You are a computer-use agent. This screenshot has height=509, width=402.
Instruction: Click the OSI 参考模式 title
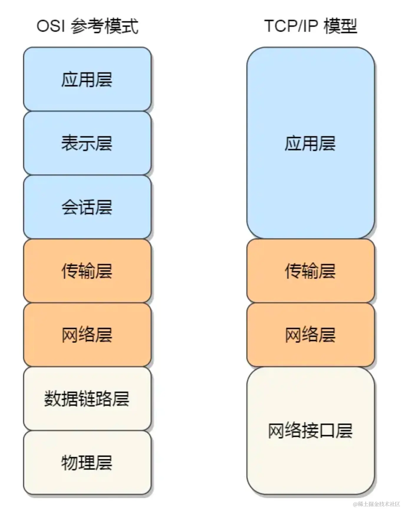click(87, 26)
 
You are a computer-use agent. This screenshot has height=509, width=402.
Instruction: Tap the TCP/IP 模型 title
click(310, 26)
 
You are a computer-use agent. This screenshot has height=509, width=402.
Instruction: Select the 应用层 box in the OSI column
click(87, 79)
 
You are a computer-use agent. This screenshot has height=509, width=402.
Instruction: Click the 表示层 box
click(87, 143)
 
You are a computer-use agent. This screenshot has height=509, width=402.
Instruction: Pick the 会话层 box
click(87, 207)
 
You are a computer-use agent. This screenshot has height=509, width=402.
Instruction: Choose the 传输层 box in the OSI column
click(87, 271)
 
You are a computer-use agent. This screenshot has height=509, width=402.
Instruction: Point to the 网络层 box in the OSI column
click(87, 335)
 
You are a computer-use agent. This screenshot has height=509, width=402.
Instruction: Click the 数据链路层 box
click(87, 399)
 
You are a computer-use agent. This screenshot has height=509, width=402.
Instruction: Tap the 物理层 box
click(87, 462)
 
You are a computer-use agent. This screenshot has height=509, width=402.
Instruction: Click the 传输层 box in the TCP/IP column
click(310, 271)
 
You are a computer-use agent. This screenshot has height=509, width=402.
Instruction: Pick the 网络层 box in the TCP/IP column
click(310, 335)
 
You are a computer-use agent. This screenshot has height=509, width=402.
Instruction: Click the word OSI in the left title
click(50, 26)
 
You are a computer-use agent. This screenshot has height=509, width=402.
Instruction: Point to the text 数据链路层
click(87, 399)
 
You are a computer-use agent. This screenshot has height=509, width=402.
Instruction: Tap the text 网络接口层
click(310, 430)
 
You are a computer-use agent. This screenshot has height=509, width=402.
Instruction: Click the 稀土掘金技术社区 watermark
click(376, 504)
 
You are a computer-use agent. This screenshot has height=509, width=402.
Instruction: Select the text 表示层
click(87, 143)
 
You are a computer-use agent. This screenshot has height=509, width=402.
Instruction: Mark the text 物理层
click(87, 462)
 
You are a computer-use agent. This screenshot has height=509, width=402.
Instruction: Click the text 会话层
click(87, 207)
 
